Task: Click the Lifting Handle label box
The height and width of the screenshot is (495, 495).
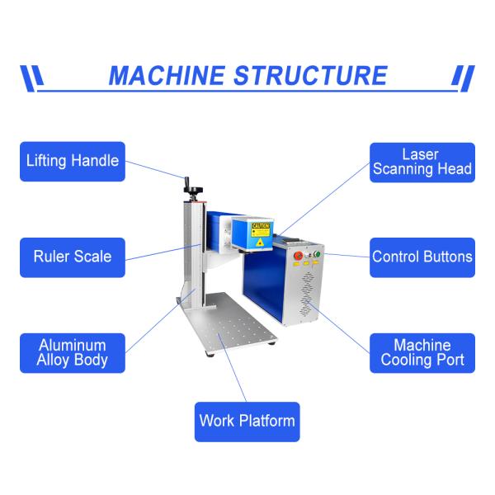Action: pyautogui.click(x=72, y=162)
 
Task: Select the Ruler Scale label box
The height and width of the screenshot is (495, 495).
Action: pyautogui.click(x=72, y=257)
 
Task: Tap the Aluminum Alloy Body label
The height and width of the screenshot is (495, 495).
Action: pyautogui.click(x=72, y=352)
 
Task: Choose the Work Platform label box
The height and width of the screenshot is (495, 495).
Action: pyautogui.click(x=247, y=421)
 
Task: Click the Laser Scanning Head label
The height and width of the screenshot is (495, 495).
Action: pyautogui.click(x=422, y=162)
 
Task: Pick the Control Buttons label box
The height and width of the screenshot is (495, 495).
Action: pyautogui.click(x=422, y=257)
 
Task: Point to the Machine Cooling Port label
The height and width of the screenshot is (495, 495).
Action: pyautogui.click(x=422, y=352)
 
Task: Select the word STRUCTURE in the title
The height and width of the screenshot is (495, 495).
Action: pyautogui.click(x=310, y=76)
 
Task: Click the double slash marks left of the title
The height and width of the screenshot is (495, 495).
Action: pyautogui.click(x=31, y=77)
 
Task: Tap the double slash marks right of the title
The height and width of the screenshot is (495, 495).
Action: pyautogui.click(x=464, y=77)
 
